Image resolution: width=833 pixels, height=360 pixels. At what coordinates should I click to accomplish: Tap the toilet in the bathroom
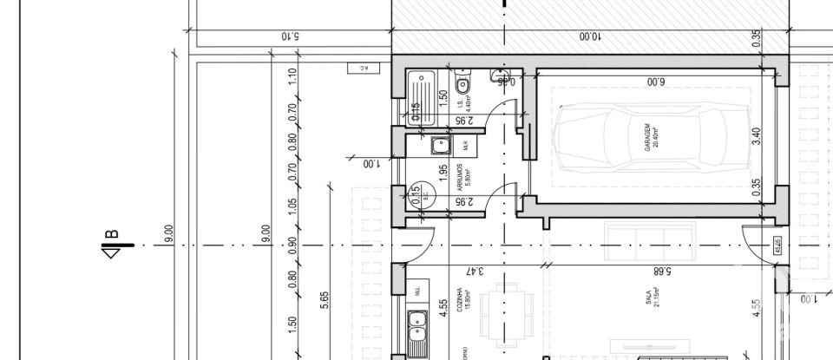point(463,87)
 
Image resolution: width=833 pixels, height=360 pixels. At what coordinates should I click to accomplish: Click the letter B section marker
point(111,245)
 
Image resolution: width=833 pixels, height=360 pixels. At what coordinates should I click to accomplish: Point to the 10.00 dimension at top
point(589,36)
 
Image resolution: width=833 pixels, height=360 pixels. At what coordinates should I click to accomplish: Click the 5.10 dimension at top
point(290,36)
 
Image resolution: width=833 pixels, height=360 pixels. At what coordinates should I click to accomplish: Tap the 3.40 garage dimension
point(756,137)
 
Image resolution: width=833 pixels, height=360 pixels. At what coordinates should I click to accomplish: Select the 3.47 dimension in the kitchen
point(472,271)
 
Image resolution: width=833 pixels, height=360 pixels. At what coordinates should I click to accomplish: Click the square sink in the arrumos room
point(436,145)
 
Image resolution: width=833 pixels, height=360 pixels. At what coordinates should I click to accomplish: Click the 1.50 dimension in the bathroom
point(443,98)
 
